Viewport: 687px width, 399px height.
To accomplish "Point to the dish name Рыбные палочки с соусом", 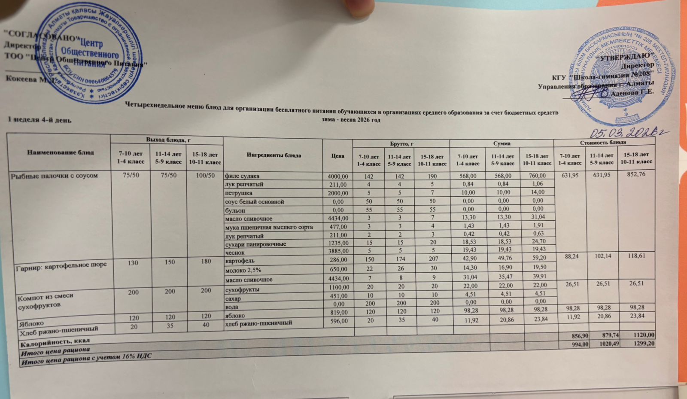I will point(54,176).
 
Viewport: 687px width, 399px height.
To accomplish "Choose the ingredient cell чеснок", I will point(235,253).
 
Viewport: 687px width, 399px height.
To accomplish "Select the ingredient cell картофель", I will point(240,261).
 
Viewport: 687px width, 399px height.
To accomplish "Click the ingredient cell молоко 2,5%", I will point(243,270).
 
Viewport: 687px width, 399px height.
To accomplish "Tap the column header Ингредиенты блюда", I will point(274,155).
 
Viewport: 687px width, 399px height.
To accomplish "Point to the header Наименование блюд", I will point(61,152).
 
